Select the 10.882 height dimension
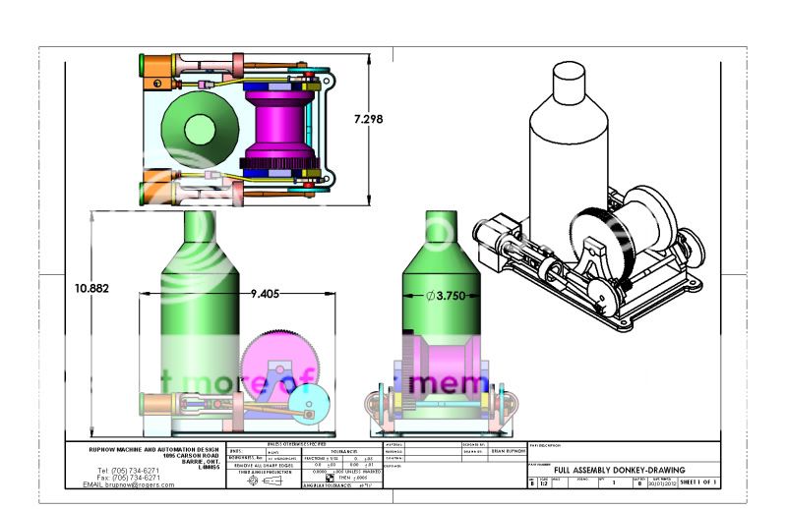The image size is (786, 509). [91, 289]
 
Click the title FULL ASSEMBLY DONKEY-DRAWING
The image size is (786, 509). [619, 471]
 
